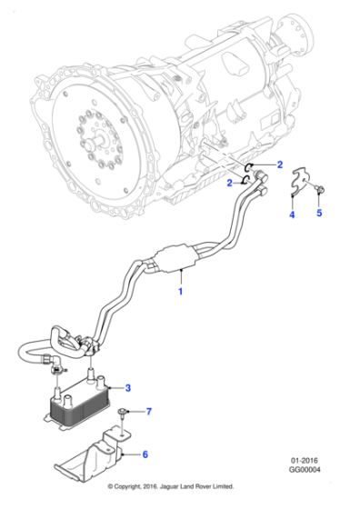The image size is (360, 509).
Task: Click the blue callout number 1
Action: [180, 293]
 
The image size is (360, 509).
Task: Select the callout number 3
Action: [127, 388]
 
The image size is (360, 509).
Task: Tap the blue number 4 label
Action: [292, 215]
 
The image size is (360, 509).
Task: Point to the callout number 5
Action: [318, 215]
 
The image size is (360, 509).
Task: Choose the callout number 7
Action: [150, 411]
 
